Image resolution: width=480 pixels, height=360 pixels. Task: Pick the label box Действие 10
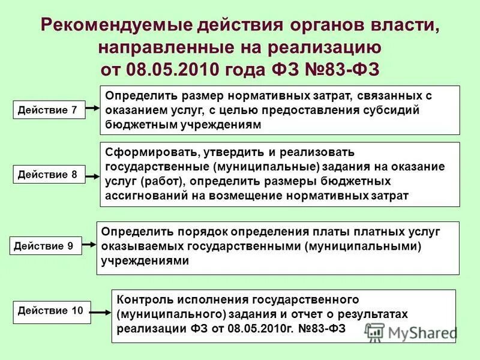click(x=52, y=311)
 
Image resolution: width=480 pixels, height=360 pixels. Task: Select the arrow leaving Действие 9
click(x=89, y=244)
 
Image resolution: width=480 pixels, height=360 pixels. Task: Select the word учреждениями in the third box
click(x=146, y=260)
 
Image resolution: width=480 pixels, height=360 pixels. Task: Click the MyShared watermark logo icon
click(x=374, y=331)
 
